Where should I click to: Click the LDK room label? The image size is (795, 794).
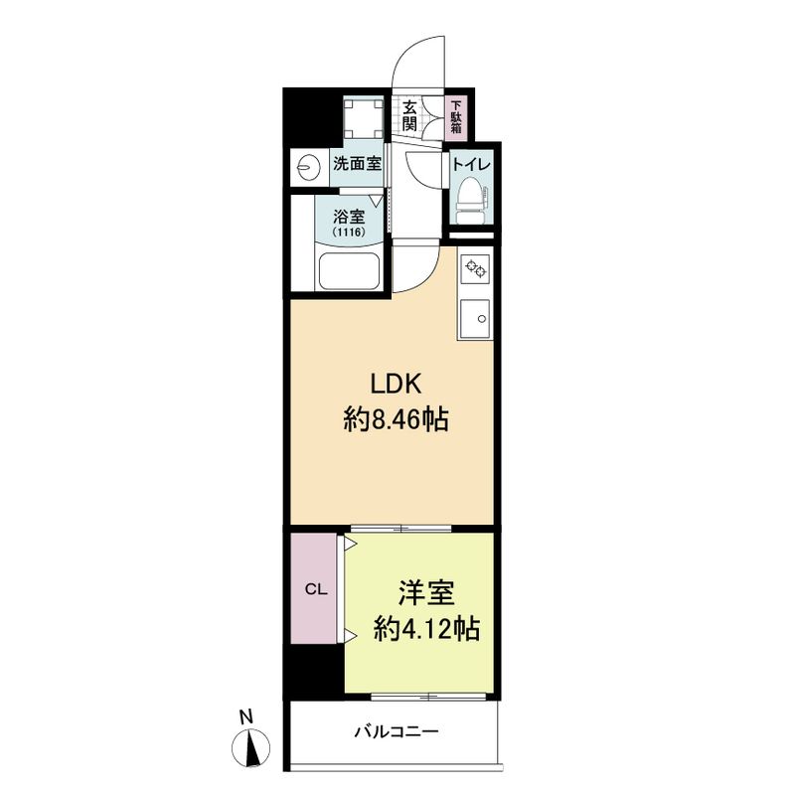[396, 385]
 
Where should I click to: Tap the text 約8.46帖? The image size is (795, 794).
[396, 419]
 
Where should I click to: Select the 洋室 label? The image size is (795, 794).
[426, 593]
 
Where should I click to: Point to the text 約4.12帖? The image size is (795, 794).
[426, 629]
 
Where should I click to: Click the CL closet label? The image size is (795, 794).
[316, 589]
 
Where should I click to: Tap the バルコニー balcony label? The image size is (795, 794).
[397, 731]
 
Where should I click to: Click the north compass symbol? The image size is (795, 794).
[250, 747]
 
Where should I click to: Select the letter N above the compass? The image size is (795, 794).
[246, 717]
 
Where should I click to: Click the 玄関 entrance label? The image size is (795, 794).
[409, 115]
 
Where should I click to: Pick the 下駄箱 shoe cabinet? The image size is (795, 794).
[457, 116]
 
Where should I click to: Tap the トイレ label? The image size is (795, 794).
[471, 165]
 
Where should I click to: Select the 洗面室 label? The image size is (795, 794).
[358, 164]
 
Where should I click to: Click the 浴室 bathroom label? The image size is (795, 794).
[349, 217]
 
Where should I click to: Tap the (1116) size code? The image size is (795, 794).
[349, 233]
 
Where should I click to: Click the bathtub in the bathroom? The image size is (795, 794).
[350, 270]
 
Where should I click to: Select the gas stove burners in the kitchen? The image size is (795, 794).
[476, 268]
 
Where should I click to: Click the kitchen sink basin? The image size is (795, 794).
[475, 318]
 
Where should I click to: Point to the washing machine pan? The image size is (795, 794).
[363, 117]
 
